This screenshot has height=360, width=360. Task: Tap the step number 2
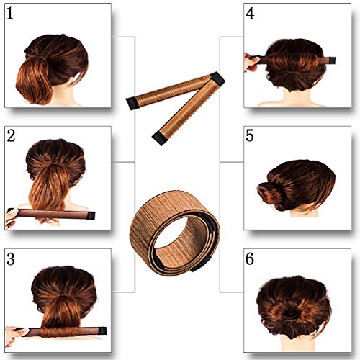click(13, 137)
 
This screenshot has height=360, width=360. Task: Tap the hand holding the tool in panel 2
click(10, 217)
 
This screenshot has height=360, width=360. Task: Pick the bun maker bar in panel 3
click(65, 331)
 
